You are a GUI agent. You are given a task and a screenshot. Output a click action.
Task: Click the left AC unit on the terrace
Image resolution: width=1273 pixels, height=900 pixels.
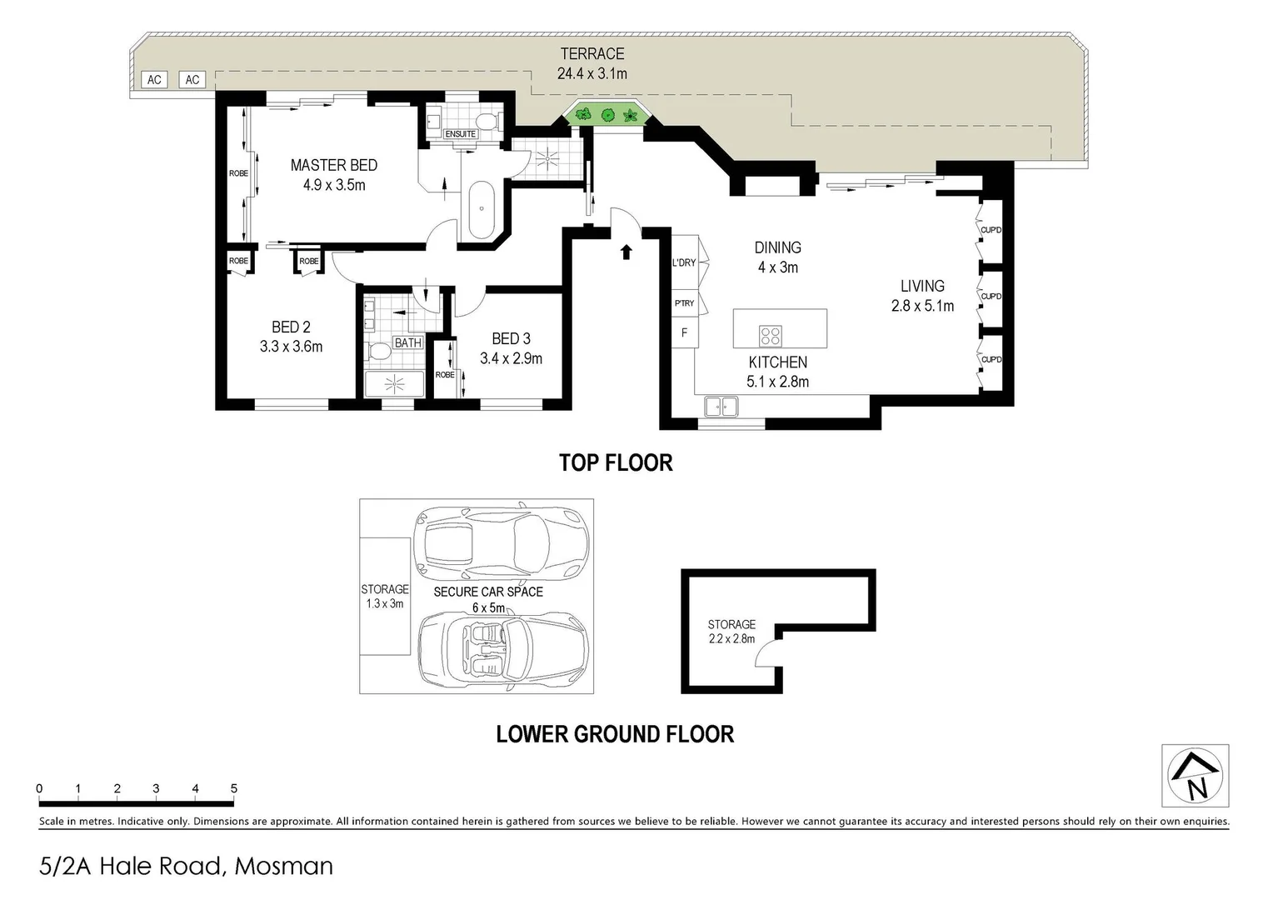[154, 80]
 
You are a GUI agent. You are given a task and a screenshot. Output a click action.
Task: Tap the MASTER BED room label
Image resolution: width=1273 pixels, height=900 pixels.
[333, 165]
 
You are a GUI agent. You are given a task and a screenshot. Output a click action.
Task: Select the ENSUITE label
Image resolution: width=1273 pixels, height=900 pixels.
[460, 134]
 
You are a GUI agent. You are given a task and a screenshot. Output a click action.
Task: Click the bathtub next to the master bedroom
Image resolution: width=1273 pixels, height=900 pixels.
[482, 209]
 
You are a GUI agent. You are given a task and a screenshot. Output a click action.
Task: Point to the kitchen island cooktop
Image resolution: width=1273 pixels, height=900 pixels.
[771, 336]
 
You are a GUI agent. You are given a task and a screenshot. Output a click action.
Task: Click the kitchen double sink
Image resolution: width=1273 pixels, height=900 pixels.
[721, 407]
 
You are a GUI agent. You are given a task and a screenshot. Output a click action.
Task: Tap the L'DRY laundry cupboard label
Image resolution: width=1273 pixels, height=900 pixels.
[683, 263]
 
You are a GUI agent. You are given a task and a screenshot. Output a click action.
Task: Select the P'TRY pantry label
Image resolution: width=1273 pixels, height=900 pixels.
[684, 303]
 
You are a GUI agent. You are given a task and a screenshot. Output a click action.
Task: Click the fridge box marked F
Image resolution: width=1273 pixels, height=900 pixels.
[685, 332]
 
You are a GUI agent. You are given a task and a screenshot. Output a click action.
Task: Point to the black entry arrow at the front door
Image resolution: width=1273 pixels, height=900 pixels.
[626, 252]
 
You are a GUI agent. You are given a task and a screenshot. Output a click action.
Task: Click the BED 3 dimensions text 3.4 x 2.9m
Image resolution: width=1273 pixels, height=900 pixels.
[511, 358]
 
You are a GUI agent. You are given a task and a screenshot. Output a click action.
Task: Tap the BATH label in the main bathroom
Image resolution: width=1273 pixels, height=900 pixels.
[408, 342]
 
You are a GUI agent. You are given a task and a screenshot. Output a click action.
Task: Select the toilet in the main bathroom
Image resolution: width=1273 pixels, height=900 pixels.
[379, 352]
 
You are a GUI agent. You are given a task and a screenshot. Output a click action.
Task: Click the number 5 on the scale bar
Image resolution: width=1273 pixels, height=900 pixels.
[234, 788]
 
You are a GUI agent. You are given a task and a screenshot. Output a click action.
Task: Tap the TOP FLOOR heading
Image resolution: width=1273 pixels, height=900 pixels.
[615, 462]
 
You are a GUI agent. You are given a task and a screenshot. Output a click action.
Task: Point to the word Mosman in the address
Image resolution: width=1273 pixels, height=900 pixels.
[283, 867]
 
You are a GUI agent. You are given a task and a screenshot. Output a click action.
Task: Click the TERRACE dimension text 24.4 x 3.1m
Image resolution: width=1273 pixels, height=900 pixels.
[592, 73]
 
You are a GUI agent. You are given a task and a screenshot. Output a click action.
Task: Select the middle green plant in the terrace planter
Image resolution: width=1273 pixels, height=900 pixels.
[607, 115]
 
